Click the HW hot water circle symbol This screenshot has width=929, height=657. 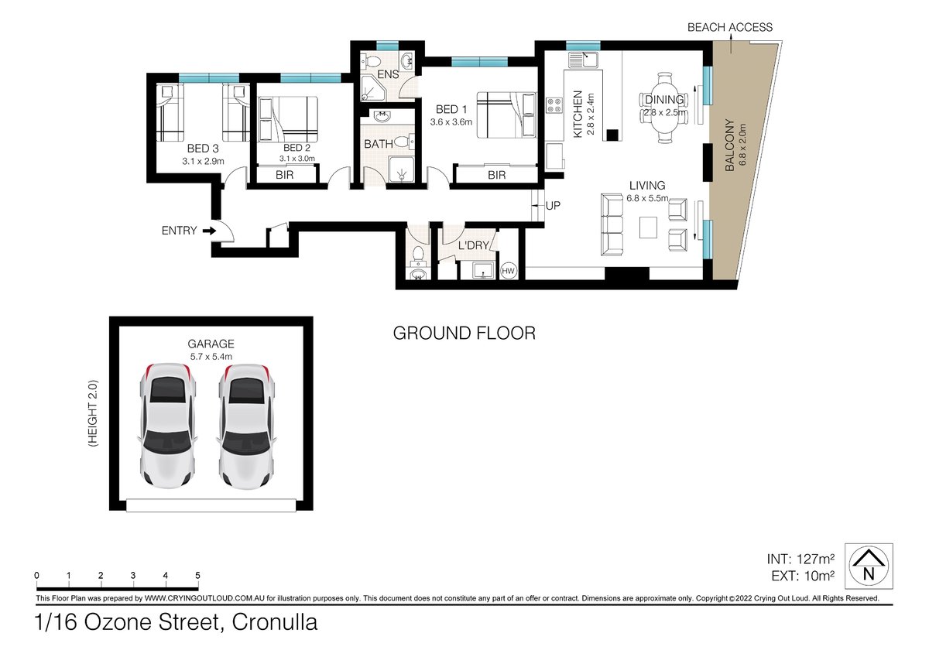click(x=508, y=271)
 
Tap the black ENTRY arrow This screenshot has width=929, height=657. click(x=210, y=231)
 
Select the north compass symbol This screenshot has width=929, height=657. click(x=869, y=566)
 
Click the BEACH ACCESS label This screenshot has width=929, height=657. click(x=730, y=27)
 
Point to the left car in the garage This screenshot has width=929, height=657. click(x=167, y=426)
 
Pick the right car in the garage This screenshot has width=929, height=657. click(x=247, y=426)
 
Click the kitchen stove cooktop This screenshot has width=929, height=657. click(x=554, y=105)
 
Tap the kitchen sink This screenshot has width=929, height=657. click(x=583, y=60)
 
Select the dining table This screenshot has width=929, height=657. click(x=664, y=108)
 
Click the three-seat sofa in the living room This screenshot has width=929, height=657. click(x=612, y=225)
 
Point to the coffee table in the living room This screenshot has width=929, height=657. click(x=648, y=228)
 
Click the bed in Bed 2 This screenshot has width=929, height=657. click(x=288, y=119)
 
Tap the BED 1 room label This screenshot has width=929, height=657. click(x=451, y=109)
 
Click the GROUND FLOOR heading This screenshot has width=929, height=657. click(x=464, y=334)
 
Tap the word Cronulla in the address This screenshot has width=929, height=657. click(x=275, y=622)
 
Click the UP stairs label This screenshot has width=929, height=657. click(x=553, y=206)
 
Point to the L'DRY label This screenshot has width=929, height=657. click(x=473, y=245)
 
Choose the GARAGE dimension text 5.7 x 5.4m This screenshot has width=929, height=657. click(x=211, y=357)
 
